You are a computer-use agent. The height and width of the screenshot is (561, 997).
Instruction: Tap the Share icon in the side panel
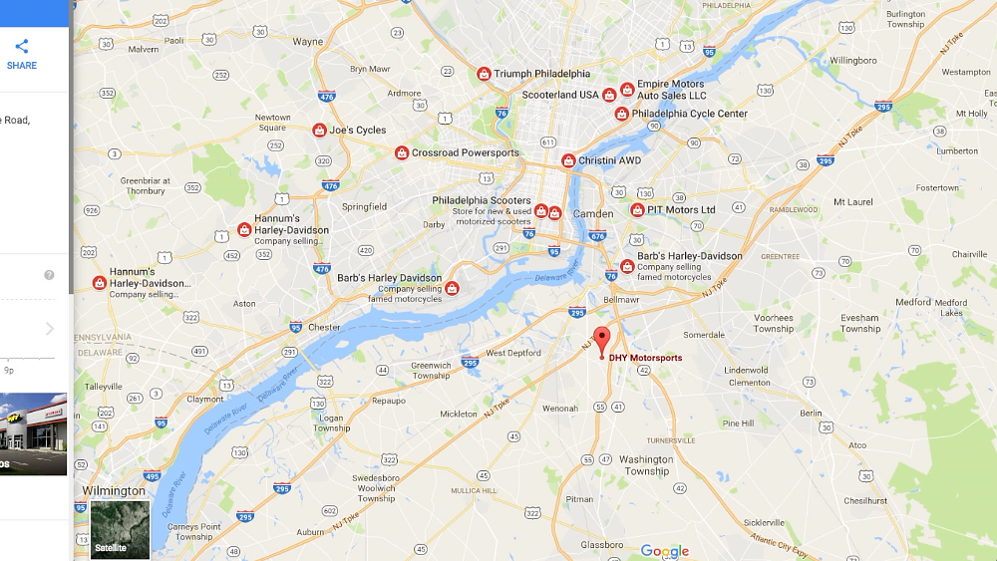21,47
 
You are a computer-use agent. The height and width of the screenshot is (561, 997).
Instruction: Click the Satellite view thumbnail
120,529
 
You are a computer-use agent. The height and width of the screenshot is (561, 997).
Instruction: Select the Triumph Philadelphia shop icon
484,74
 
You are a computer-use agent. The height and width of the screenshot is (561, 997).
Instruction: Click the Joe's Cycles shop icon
319,131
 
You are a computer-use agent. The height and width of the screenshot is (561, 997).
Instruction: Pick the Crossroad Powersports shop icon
401,153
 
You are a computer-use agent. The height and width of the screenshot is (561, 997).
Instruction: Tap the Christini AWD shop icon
568,160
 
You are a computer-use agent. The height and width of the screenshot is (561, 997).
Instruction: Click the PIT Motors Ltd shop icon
637,210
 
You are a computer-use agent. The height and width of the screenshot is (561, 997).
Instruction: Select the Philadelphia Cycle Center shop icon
621,115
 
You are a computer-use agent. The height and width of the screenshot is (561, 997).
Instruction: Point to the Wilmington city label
114,491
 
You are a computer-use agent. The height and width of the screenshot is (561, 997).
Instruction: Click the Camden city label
593,214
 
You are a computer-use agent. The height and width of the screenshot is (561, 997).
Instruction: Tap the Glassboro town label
601,545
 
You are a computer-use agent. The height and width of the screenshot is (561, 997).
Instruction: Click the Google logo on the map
664,551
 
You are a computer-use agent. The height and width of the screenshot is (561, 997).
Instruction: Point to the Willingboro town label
852,60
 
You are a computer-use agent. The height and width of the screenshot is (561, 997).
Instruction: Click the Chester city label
324,327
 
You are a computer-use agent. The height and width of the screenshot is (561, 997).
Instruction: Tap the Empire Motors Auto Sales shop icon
627,90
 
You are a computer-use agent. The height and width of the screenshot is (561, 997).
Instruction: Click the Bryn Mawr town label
370,69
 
